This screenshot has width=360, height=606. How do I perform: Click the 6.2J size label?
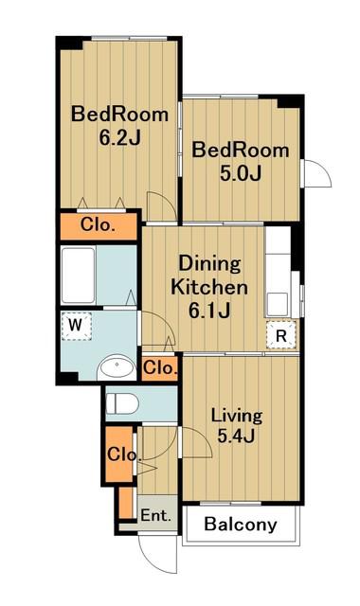[x=120, y=138]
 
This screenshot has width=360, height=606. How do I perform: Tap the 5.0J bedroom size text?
[x=241, y=173]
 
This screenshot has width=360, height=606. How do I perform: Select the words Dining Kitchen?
[x=209, y=276]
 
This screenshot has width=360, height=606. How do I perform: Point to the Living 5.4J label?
[x=236, y=426]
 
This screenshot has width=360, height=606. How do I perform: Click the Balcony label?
[x=241, y=525]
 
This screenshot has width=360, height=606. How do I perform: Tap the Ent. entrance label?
[x=155, y=515]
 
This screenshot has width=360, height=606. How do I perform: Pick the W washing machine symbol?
[x=76, y=326]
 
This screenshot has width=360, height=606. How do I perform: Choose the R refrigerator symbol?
[x=281, y=335]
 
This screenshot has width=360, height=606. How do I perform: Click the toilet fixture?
[x=122, y=404]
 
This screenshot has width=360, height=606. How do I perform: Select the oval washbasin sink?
[x=116, y=367]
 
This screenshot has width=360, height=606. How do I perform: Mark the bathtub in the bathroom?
[x=79, y=275]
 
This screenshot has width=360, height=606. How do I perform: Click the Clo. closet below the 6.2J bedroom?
[x=99, y=224]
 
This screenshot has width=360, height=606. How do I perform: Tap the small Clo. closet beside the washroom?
[x=160, y=367]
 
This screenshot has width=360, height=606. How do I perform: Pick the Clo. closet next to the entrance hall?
[x=120, y=454]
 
